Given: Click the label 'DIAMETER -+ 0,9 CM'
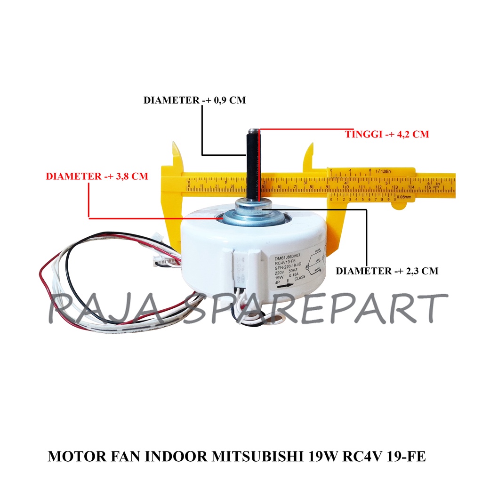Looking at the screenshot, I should click(194, 100).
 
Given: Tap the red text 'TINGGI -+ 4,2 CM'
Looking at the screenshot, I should click(387, 134).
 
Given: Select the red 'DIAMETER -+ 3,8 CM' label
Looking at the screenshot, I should click(96, 177).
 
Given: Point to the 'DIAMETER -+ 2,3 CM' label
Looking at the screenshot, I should click(386, 271).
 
